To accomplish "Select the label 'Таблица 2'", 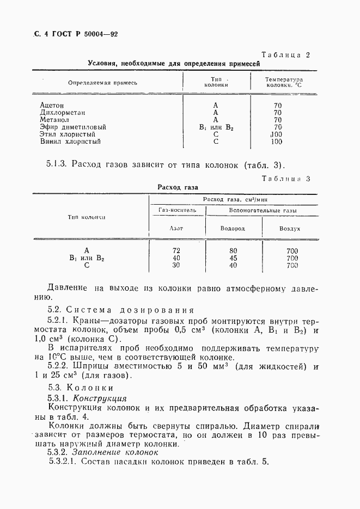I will click(285, 55).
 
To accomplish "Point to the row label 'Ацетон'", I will click(52, 105).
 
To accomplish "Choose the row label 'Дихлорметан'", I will click(60, 113).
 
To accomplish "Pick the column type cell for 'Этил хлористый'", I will click(216, 134).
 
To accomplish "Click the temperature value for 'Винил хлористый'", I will click(276, 142).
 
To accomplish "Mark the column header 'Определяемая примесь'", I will click(102, 83).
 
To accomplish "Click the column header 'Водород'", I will click(233, 229).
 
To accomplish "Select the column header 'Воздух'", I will click(290, 229).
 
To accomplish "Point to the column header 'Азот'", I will click(176, 229).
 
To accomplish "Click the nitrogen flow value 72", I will click(176, 250).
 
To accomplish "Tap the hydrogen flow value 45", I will click(233, 258).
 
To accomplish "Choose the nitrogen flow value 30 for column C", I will click(176, 265).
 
